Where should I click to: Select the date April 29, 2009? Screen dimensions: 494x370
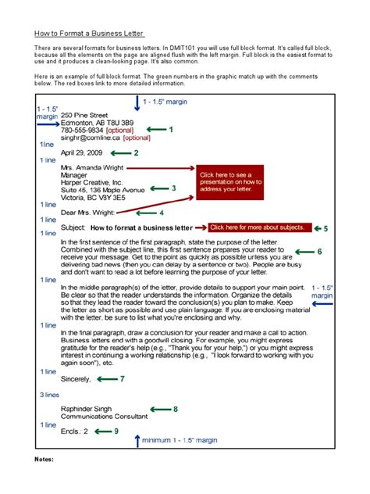tap(82, 152)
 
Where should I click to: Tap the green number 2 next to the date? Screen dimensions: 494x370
tap(136, 153)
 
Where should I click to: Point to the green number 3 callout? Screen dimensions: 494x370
tap(174, 188)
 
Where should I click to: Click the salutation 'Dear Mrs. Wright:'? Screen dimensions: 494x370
tap(87, 212)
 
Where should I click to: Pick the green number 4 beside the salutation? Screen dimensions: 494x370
tap(162, 212)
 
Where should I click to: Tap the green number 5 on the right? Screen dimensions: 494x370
tap(326, 228)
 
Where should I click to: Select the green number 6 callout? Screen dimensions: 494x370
tap(319, 252)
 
